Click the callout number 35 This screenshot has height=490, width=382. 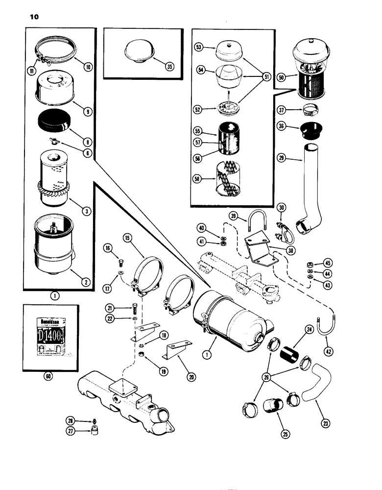(x=170, y=68)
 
